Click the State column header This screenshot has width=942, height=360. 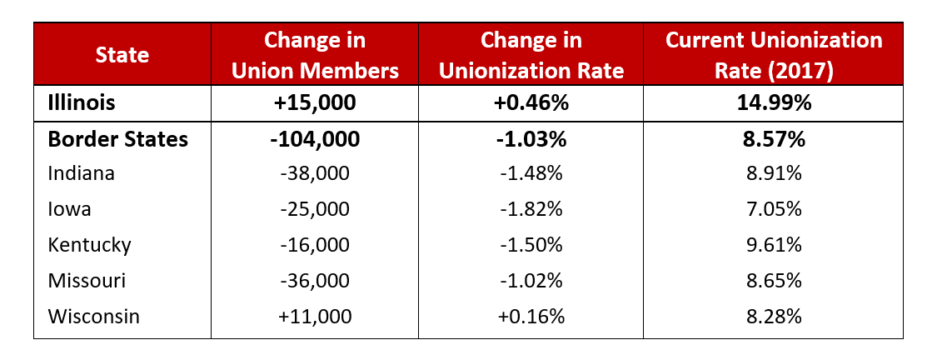point(122,55)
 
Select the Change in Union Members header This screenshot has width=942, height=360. point(315,55)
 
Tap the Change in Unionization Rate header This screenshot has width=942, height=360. point(531,55)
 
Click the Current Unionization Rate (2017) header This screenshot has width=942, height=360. point(773,55)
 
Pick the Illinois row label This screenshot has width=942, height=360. point(81,102)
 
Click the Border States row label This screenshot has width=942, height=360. point(117,139)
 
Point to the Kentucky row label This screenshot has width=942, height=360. point(89,245)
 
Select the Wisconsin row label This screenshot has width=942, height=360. point(93,317)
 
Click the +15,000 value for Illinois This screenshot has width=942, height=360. point(315,102)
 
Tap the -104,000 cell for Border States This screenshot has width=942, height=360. point(315,139)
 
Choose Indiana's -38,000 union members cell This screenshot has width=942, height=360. point(315,173)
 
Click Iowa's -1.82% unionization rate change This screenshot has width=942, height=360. point(531,209)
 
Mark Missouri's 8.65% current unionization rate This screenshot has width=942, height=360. point(773,281)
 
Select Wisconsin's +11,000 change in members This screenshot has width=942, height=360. point(315,317)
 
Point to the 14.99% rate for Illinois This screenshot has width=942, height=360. point(773,102)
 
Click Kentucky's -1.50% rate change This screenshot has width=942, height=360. point(531,245)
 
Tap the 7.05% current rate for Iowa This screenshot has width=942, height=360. point(773,209)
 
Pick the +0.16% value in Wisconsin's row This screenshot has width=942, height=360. point(531,317)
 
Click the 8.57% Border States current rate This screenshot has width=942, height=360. point(773,139)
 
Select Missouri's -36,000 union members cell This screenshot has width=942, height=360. point(315,281)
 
